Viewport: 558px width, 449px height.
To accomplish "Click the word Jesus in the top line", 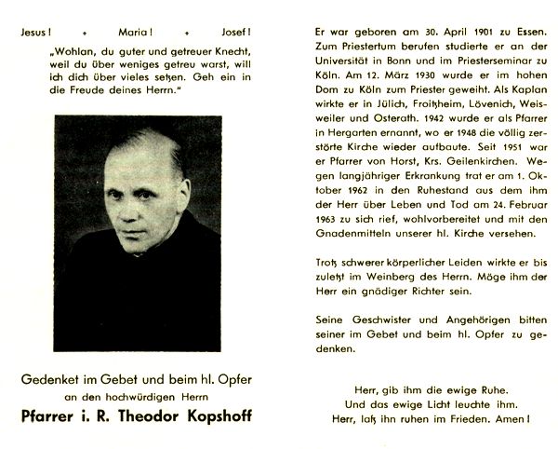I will (x=35, y=30).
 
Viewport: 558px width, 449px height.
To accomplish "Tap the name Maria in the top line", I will (x=130, y=30).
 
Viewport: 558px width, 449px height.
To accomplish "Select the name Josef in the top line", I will (x=225, y=30).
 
